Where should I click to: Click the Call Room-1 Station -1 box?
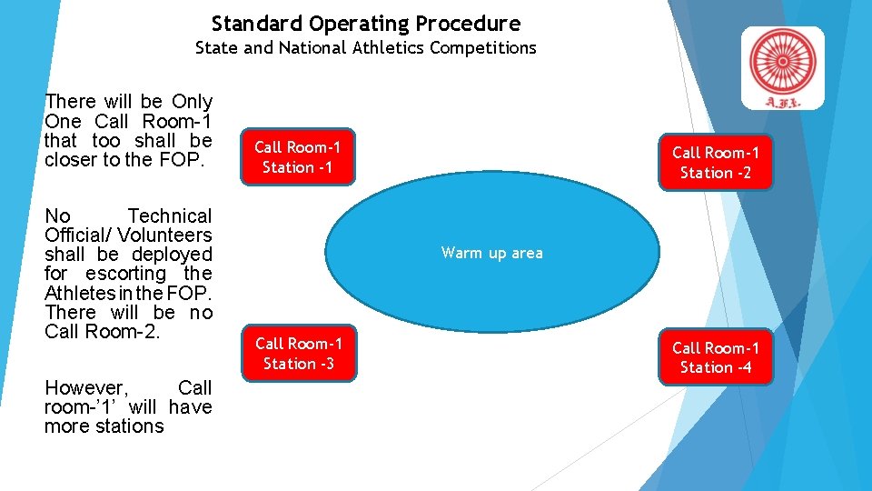coord(297,156)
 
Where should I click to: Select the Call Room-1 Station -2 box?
coord(716,163)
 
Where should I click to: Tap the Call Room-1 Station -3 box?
coord(298,353)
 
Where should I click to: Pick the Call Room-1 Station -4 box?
coord(716,357)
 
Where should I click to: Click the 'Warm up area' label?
coord(491,253)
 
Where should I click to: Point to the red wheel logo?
coord(782,64)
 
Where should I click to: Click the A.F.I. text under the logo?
coord(782,101)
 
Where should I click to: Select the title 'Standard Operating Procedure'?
coord(366,23)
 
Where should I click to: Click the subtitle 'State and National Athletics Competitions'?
coord(366,47)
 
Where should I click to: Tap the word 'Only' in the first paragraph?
coord(192,102)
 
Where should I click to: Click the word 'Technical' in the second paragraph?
coord(169,216)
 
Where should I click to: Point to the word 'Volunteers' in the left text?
coord(164,235)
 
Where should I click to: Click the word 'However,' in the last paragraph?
coord(80,388)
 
